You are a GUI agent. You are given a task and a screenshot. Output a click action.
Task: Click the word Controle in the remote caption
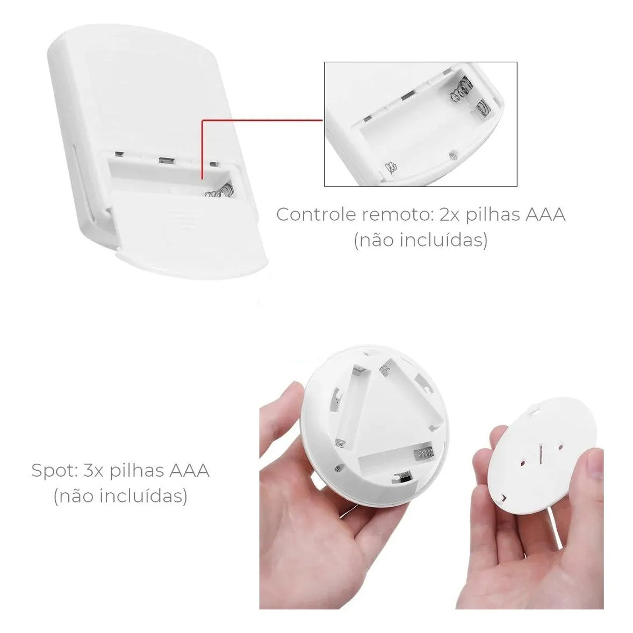316,214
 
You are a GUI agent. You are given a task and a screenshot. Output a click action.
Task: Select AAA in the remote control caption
545,214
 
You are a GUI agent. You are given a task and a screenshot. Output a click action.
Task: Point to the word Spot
55,471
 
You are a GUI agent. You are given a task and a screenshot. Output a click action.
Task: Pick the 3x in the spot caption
93,471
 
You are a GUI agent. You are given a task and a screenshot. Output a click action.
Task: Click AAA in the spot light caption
189,471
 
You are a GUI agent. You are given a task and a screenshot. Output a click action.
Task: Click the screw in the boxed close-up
453,155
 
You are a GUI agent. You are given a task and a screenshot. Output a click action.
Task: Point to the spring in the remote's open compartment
219,192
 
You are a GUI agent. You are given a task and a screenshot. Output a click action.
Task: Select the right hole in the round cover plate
560,447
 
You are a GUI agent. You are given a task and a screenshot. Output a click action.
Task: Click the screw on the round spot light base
339,469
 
